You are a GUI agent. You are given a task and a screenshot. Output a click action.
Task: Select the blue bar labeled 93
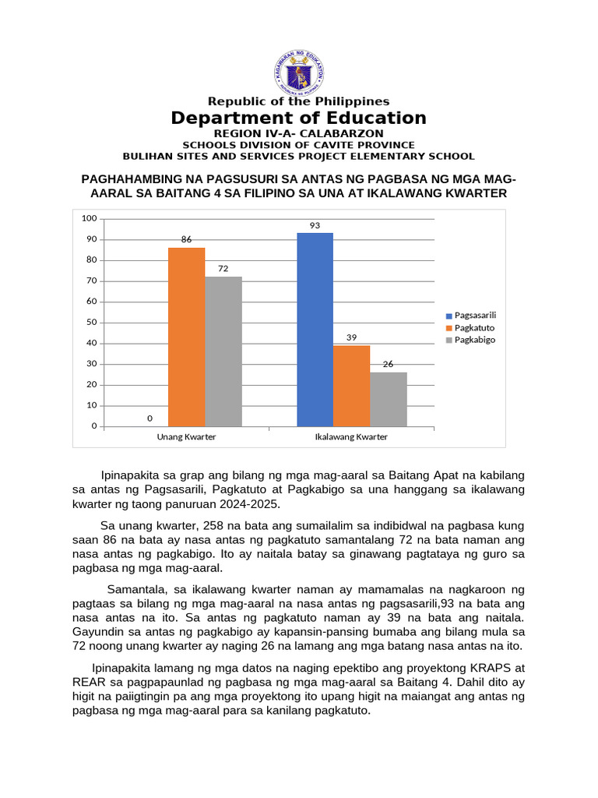coord(315,329)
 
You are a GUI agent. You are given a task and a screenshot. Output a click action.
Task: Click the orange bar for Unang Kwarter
coord(187,337)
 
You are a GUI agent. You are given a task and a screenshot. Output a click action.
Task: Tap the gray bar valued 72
coord(223,351)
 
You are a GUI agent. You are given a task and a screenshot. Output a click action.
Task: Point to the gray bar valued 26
coord(388,399)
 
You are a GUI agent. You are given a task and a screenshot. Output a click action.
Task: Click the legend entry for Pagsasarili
coord(470,315)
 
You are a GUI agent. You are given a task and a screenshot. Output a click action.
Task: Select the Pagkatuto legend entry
coord(470,327)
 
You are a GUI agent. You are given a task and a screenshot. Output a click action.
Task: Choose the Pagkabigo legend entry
coord(470,340)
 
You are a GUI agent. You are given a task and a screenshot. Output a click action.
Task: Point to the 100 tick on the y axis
coord(89,218)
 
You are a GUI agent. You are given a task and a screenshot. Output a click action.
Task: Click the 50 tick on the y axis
coord(92,322)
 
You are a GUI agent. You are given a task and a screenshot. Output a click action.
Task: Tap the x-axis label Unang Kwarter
coord(186,437)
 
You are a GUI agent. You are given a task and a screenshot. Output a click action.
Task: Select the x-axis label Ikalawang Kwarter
coord(350,437)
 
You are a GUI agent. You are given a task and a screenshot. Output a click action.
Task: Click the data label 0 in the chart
coord(149,418)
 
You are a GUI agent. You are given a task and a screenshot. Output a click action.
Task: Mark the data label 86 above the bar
coord(187,240)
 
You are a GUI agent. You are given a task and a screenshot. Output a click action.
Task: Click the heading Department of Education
coord(299,118)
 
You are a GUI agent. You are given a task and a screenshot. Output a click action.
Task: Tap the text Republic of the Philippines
coord(299,101)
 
